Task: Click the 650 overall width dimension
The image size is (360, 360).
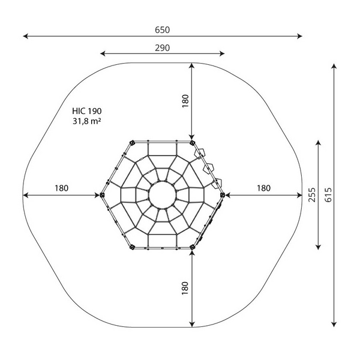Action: tap(163, 30)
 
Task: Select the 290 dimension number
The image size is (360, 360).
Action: tap(163, 48)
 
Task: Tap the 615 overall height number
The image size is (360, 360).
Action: tap(328, 195)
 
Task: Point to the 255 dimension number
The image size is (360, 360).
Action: tap(312, 195)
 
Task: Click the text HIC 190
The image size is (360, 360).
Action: tap(87, 111)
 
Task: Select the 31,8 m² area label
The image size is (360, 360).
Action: tap(87, 121)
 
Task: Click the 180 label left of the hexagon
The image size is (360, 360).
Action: tap(61, 188)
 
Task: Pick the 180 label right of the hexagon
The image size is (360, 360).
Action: tap(263, 188)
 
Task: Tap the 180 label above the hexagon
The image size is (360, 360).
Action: tap(185, 101)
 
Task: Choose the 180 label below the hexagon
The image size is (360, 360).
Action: tap(185, 288)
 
